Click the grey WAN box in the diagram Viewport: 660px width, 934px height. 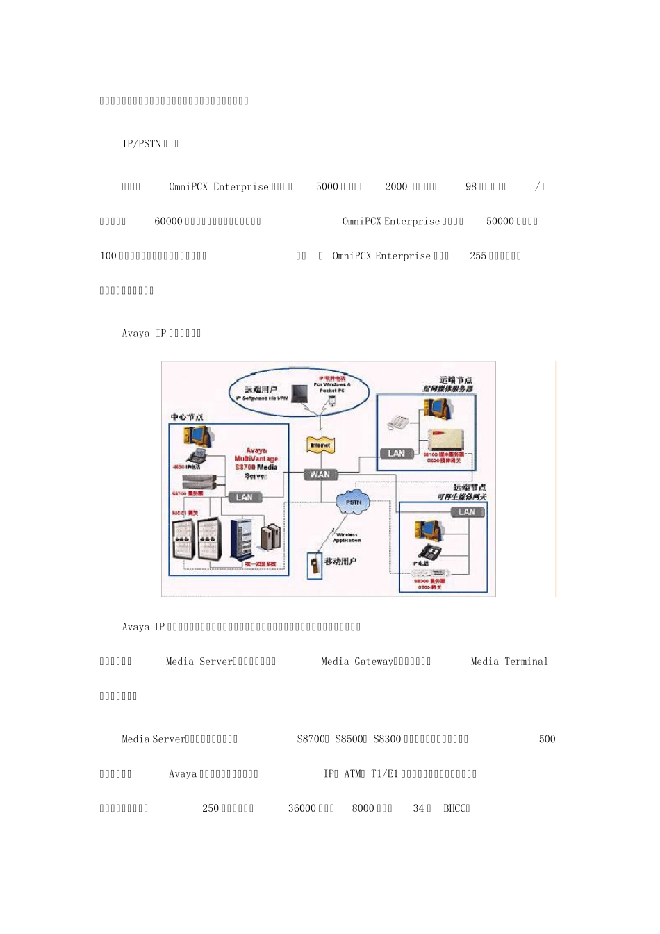click(320, 475)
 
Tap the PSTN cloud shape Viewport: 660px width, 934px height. click(353, 502)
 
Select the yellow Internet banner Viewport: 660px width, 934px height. click(320, 445)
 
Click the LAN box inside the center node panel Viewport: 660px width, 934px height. click(245, 497)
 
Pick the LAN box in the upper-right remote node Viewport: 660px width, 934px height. click(396, 454)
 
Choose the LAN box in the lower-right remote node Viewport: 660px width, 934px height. click(466, 512)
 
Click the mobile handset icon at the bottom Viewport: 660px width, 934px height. click(315, 564)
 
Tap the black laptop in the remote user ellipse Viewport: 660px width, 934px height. click(299, 394)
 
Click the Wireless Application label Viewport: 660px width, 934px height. click(346, 537)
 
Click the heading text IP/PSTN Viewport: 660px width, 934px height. click(142, 144)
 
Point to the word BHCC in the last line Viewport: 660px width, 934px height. click(455, 808)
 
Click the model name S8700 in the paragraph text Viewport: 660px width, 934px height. click(311, 739)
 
